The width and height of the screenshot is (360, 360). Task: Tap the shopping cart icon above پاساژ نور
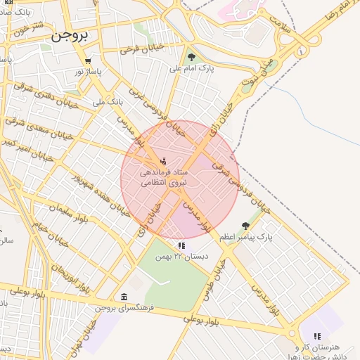(89, 61)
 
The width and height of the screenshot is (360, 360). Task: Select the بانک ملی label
(108, 103)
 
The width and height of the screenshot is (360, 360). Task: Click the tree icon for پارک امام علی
(191, 57)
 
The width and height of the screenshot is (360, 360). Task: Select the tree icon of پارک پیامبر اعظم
(245, 226)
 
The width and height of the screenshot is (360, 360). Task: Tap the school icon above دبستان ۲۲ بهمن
(181, 245)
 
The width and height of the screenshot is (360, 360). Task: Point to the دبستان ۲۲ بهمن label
(185, 257)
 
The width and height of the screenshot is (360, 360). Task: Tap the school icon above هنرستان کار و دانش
(316, 336)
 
